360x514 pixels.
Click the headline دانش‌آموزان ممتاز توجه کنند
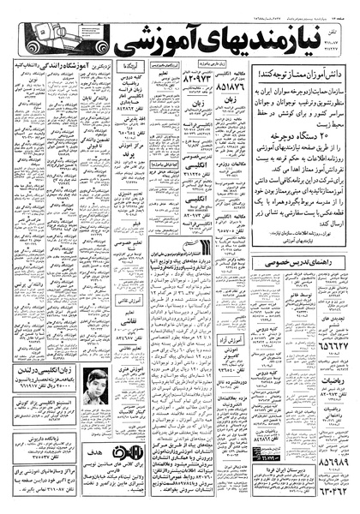pyautogui.click(x=297, y=75)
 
